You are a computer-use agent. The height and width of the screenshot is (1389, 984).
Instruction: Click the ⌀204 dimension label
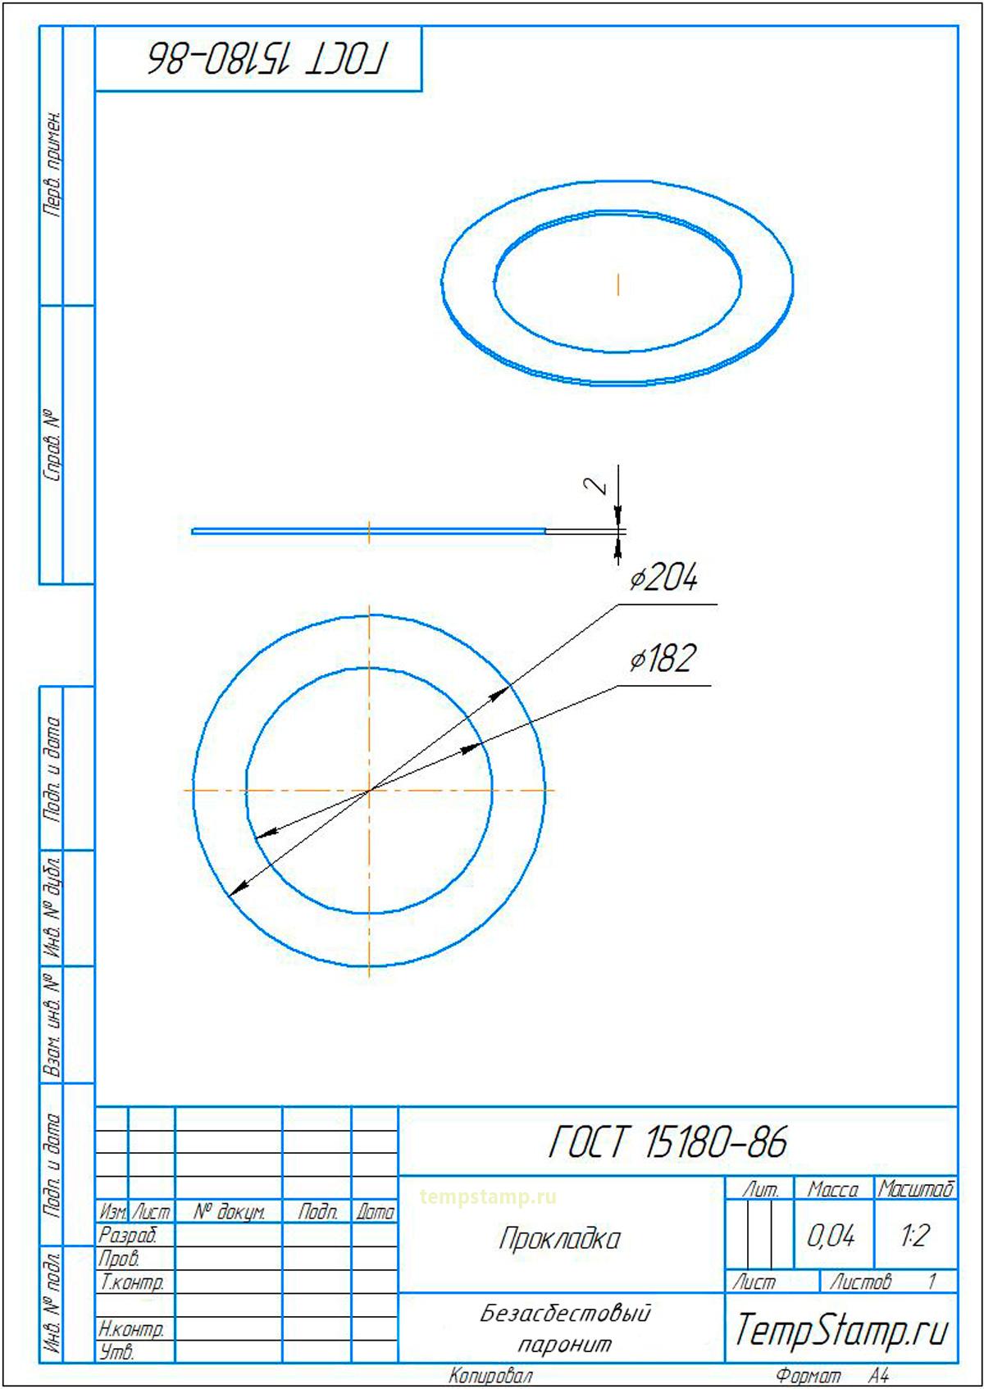click(663, 577)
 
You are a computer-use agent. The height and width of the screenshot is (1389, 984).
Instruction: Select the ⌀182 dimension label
click(663, 659)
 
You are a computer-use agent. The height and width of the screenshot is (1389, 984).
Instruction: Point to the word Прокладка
click(559, 1239)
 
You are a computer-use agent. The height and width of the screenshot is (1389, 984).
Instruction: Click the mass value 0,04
click(830, 1236)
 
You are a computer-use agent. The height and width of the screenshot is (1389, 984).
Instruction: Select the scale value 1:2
click(914, 1236)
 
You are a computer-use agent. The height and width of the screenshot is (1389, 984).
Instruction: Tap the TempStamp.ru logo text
click(841, 1330)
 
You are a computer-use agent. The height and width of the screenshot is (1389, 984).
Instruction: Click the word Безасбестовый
click(565, 1314)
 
